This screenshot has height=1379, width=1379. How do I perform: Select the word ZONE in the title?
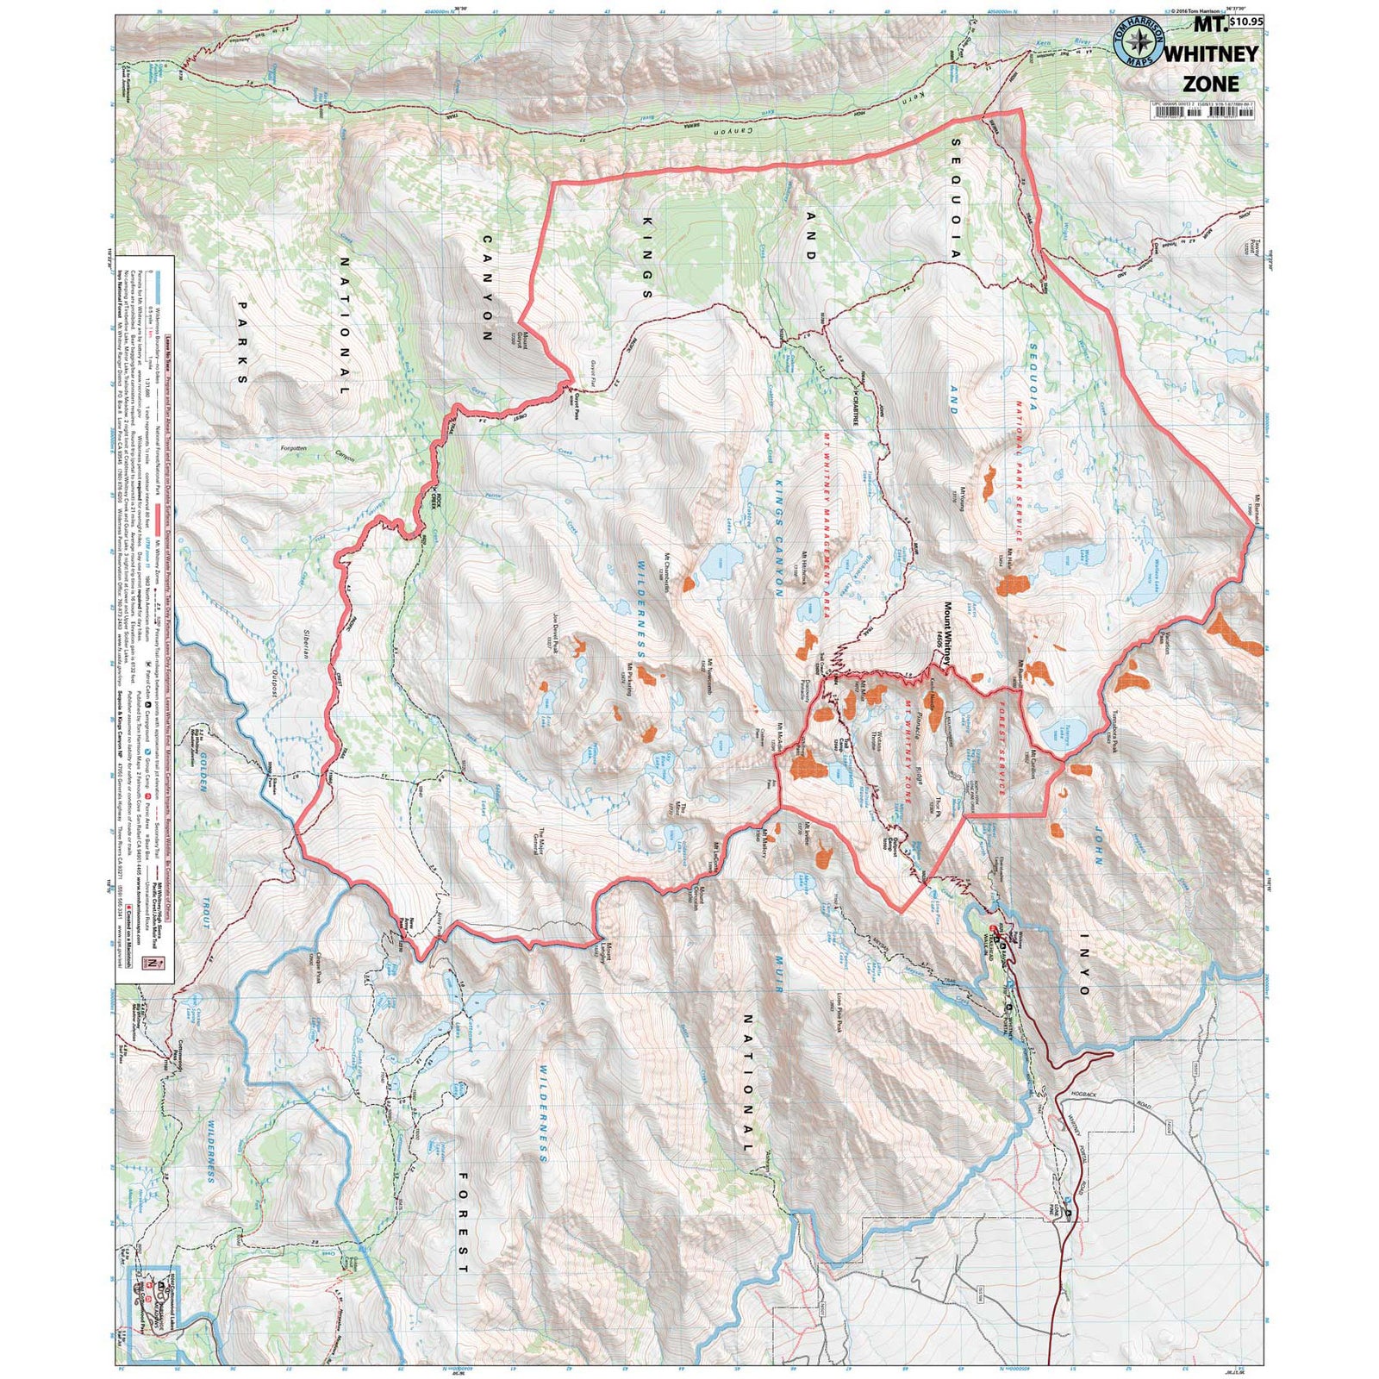1211,84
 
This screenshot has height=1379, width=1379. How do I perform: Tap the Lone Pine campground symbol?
1070,1213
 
